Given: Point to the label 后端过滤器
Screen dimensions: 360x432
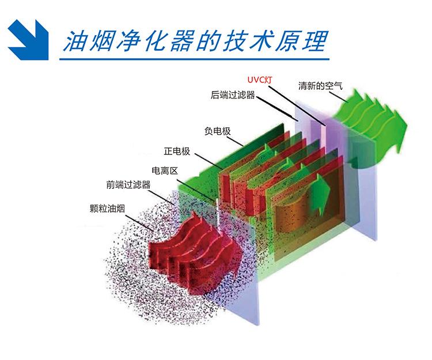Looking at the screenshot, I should tap(233, 94).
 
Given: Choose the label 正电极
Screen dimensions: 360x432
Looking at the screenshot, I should tap(177, 152).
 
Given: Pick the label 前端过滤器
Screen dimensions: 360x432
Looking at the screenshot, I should tap(128, 184).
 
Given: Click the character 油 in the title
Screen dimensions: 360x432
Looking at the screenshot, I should tap(75, 40).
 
